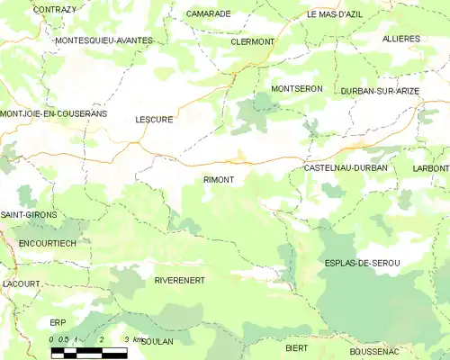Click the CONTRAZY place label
click(x=54, y=9)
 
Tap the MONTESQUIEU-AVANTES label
click(x=103, y=40)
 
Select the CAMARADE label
click(x=209, y=14)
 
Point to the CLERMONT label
click(x=252, y=42)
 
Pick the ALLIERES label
click(x=401, y=40)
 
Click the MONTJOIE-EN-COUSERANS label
click(x=54, y=114)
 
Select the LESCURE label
click(x=154, y=118)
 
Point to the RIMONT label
click(x=219, y=180)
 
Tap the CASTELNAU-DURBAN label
click(x=346, y=168)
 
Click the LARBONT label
click(x=431, y=168)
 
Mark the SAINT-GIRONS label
click(x=29, y=215)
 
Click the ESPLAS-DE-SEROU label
click(x=361, y=262)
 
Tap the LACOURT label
click(x=22, y=283)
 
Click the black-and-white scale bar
click(x=88, y=350)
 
